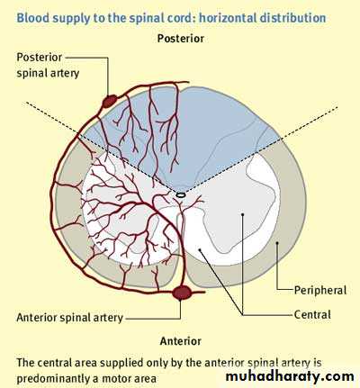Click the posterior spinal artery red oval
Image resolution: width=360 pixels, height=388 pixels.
point(110,101)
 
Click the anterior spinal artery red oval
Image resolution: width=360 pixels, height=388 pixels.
point(182,293)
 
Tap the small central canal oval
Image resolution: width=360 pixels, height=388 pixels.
point(181,194)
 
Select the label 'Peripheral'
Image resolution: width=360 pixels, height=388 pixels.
point(320,290)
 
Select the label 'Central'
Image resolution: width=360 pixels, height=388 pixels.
point(312,314)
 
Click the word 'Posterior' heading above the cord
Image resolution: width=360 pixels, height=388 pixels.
point(181,39)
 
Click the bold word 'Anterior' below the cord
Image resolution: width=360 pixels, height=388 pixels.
point(181,341)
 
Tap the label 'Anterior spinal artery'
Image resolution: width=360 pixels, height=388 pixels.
point(69,318)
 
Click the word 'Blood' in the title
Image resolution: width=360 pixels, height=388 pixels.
point(30,18)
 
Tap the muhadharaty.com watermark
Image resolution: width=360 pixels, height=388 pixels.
point(290,376)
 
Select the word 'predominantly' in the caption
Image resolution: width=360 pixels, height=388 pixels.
point(54,379)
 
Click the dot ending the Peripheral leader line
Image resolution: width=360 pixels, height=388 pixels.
point(277,242)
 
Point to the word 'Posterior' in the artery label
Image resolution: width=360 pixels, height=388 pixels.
point(40,58)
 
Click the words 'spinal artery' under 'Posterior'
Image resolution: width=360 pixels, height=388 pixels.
point(48,73)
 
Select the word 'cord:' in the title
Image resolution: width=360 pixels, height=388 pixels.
point(183,18)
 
